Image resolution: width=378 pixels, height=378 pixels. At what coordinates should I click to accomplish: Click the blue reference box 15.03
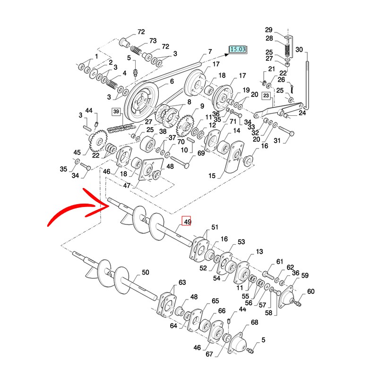pos(238,49)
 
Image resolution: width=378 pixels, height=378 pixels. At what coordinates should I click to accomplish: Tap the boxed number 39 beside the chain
pos(116,112)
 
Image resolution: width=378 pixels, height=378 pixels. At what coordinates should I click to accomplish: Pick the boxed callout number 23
pos(266,96)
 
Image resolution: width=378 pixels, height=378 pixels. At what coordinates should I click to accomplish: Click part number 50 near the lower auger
pos(145,273)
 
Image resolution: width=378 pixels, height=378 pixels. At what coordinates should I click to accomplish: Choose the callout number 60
pos(310,292)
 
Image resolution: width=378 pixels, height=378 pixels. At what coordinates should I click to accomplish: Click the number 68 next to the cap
pos(254,322)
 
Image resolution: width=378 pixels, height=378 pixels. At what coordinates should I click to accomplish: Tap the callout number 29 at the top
pos(282,29)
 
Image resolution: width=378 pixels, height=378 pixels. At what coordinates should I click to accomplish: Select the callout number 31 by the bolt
pos(277,140)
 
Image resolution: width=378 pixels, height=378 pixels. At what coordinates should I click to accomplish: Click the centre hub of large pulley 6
pos(140,100)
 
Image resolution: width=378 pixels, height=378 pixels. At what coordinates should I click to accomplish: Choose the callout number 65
pos(215,301)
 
